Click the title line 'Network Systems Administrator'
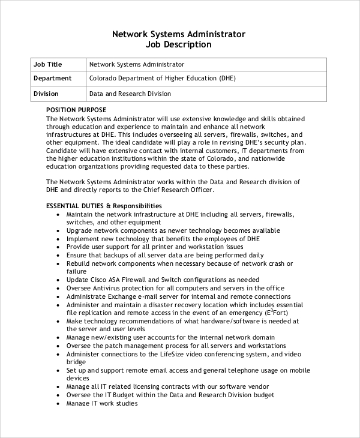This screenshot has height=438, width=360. pyautogui.click(x=179, y=34)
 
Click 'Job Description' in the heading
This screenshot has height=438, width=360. pyautogui.click(x=179, y=44)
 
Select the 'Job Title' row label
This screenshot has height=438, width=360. pyautogui.click(x=48, y=64)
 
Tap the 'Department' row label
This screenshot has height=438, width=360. pyautogui.click(x=53, y=78)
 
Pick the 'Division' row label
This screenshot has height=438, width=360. pyautogui.click(x=46, y=94)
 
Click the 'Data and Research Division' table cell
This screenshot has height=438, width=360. pyautogui.click(x=130, y=94)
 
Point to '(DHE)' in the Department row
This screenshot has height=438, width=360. pyautogui.click(x=227, y=78)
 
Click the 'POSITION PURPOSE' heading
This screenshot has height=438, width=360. pyautogui.click(x=76, y=110)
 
